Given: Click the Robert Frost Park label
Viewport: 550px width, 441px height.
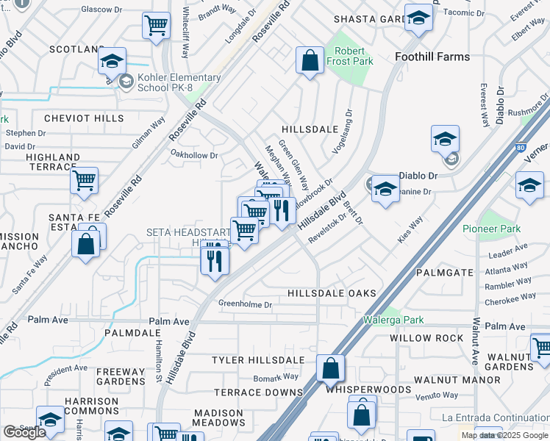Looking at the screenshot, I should point(350,57).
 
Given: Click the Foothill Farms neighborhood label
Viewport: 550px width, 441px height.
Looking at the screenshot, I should point(432,56).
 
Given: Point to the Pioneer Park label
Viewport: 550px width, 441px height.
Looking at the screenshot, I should point(491,229).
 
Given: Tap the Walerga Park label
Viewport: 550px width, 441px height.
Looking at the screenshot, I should point(393,320).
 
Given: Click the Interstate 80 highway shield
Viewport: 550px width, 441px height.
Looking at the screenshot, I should point(521,148).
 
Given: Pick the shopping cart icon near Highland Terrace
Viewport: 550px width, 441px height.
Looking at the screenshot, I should point(85,179).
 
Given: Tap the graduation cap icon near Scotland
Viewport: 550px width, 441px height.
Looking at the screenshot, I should point(112,60).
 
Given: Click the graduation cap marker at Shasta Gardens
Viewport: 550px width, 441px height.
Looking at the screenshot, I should point(418,20).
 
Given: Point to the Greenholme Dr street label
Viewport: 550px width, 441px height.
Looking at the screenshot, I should point(245,304).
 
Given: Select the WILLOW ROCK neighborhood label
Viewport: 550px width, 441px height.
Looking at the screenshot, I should point(426,338).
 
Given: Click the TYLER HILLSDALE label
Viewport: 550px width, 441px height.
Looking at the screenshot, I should point(258,359).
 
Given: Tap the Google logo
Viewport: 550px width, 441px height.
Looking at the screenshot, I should point(24,432).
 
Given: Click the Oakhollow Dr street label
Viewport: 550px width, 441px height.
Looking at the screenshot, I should point(194,155).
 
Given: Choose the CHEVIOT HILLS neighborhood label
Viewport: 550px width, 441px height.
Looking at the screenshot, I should point(83,118).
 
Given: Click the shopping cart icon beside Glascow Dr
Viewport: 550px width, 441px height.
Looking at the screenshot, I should point(157,26).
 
